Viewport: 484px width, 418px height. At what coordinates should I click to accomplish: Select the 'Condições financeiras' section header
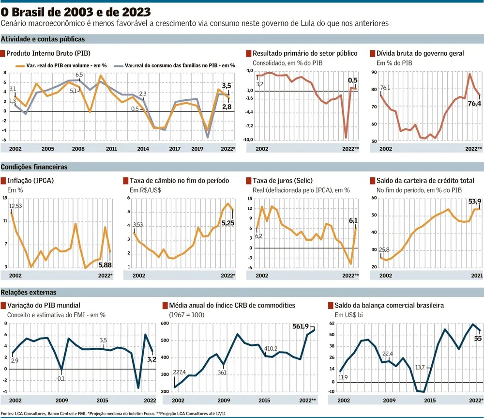tap(34, 167)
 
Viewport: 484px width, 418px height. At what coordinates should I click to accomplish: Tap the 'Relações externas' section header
tap(29, 293)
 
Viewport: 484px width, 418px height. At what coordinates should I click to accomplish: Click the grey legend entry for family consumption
tap(180, 65)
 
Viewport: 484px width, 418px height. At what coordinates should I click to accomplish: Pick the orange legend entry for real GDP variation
tap(68, 65)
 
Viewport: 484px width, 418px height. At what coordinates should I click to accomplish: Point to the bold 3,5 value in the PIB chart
tap(227, 86)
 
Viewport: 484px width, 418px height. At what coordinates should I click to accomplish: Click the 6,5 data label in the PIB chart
tap(79, 75)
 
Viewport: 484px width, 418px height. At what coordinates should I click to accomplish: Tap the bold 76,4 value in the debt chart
tap(473, 103)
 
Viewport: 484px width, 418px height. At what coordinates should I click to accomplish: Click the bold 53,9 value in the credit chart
tap(473, 201)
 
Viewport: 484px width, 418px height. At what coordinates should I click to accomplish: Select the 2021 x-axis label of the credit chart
tap(476, 275)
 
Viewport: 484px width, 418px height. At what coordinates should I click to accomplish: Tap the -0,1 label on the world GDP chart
tap(60, 378)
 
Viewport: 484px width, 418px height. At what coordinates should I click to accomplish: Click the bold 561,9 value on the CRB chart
tap(301, 326)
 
